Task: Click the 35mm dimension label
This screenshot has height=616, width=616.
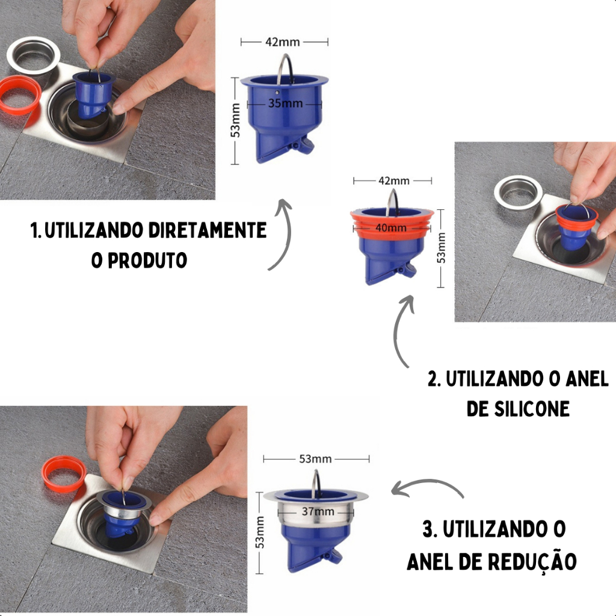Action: pos(285,103)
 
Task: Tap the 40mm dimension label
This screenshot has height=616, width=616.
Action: pos(391,227)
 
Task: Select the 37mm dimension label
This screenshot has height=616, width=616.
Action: pos(318,511)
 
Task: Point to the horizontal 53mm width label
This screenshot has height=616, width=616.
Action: pos(315,459)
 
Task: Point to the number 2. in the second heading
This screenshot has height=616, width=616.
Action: pos(434,379)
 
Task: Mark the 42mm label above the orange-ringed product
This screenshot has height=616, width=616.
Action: pos(393,180)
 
